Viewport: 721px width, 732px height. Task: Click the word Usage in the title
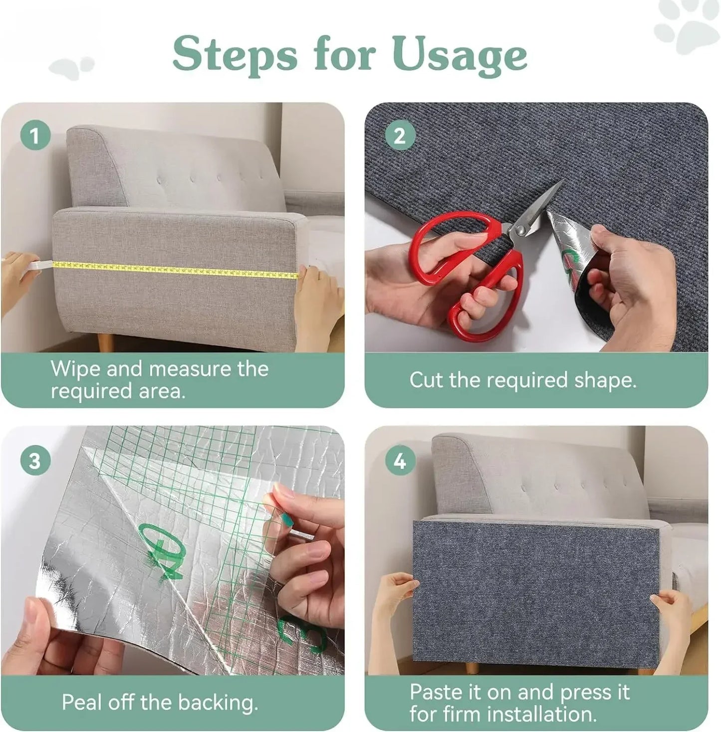coord(460,55)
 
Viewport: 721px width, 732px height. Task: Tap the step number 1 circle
coord(35,135)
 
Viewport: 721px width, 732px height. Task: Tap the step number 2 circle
coord(400,135)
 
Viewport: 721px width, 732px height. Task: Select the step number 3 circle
coord(35,460)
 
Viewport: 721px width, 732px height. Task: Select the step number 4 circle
coord(400,461)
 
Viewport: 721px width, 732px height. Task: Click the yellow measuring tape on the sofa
coord(175,269)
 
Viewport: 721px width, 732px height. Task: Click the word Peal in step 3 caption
coord(82,703)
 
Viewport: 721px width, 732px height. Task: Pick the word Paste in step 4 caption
coord(436,693)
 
